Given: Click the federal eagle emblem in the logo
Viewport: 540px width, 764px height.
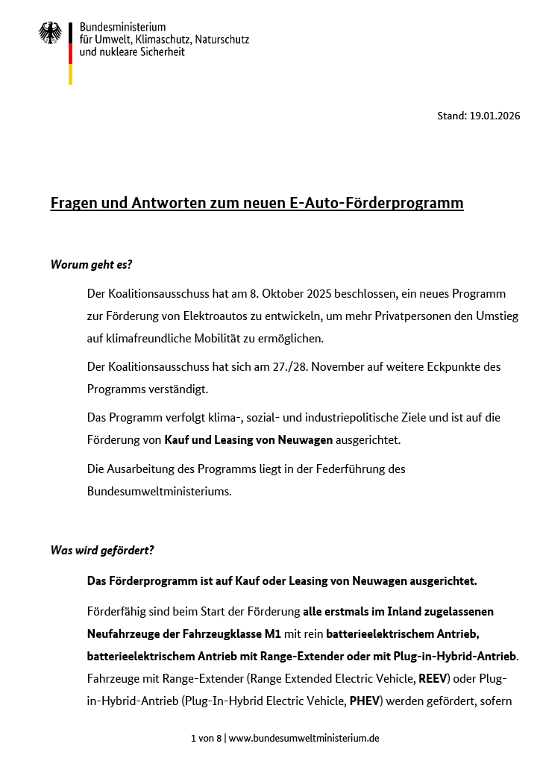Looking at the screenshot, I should (50, 32).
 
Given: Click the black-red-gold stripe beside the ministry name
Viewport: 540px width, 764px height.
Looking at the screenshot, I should (70, 53).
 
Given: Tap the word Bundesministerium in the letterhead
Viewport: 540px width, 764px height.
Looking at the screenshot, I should (122, 27).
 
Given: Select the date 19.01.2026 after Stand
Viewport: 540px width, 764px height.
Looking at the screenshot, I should (495, 116).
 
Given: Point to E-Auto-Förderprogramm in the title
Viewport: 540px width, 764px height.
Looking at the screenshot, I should (376, 203).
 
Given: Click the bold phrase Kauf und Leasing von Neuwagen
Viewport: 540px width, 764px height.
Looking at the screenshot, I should (248, 440).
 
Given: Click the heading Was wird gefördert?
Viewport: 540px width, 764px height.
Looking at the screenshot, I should (102, 551).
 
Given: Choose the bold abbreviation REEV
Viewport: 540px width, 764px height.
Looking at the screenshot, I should (431, 680).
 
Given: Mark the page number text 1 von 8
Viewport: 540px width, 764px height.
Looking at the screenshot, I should (206, 738).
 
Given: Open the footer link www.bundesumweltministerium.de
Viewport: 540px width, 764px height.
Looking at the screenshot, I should (304, 738).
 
